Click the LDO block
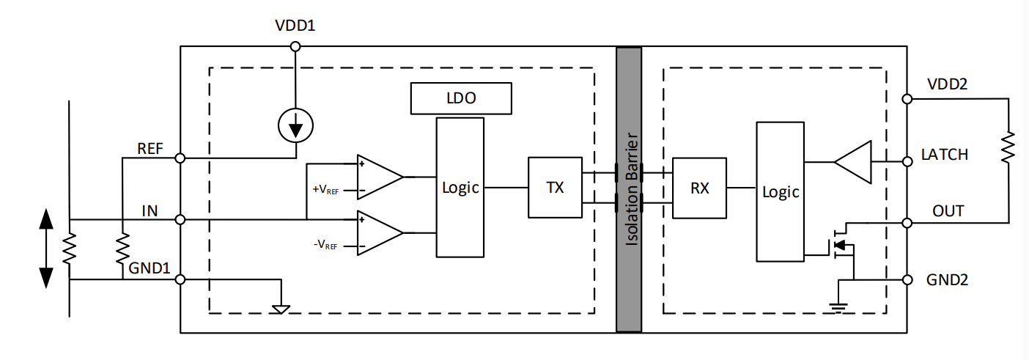point(460,98)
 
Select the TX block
point(555,187)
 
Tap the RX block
point(699,188)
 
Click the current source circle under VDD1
point(296,127)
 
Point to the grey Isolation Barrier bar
point(629,190)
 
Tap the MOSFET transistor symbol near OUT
point(841,246)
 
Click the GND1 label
point(151,269)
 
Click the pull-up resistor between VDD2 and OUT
point(1008,147)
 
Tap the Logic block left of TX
point(460,187)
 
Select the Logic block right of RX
point(781,191)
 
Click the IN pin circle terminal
point(180,219)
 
